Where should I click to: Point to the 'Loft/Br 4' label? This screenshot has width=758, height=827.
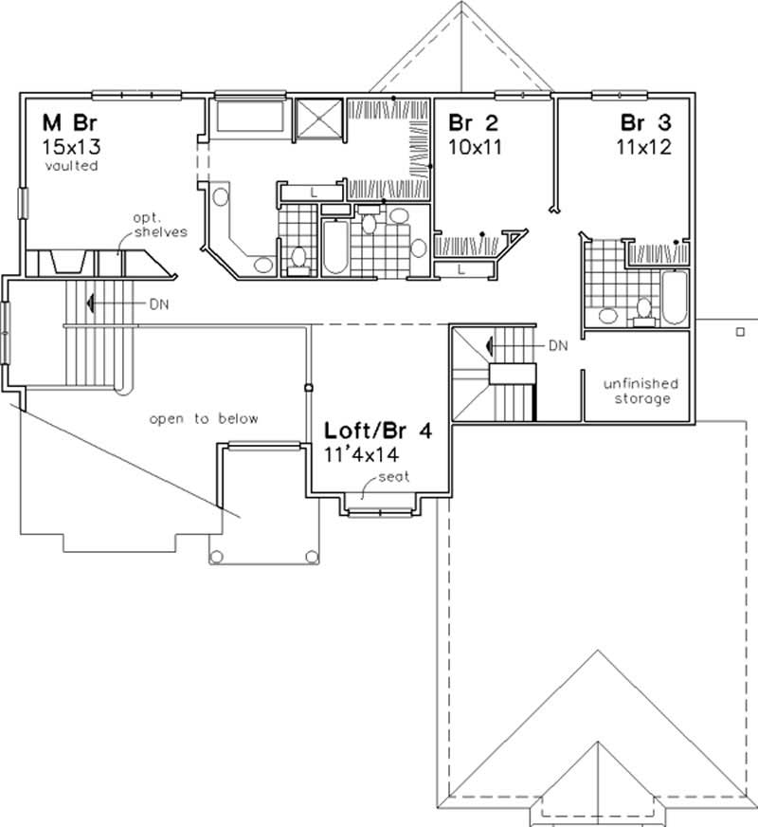pyautogui.click(x=378, y=431)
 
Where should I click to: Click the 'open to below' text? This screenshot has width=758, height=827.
pyautogui.click(x=203, y=418)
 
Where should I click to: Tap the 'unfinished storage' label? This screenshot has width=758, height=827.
pyautogui.click(x=641, y=391)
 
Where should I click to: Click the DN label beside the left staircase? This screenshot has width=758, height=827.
pyautogui.click(x=158, y=304)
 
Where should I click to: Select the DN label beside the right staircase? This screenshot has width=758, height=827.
pyautogui.click(x=557, y=346)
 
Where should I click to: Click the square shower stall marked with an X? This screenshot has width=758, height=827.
pyautogui.click(x=319, y=119)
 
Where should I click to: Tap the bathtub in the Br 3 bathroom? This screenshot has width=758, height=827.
pyautogui.click(x=674, y=296)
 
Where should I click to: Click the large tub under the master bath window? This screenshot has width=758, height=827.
pyautogui.click(x=250, y=118)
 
